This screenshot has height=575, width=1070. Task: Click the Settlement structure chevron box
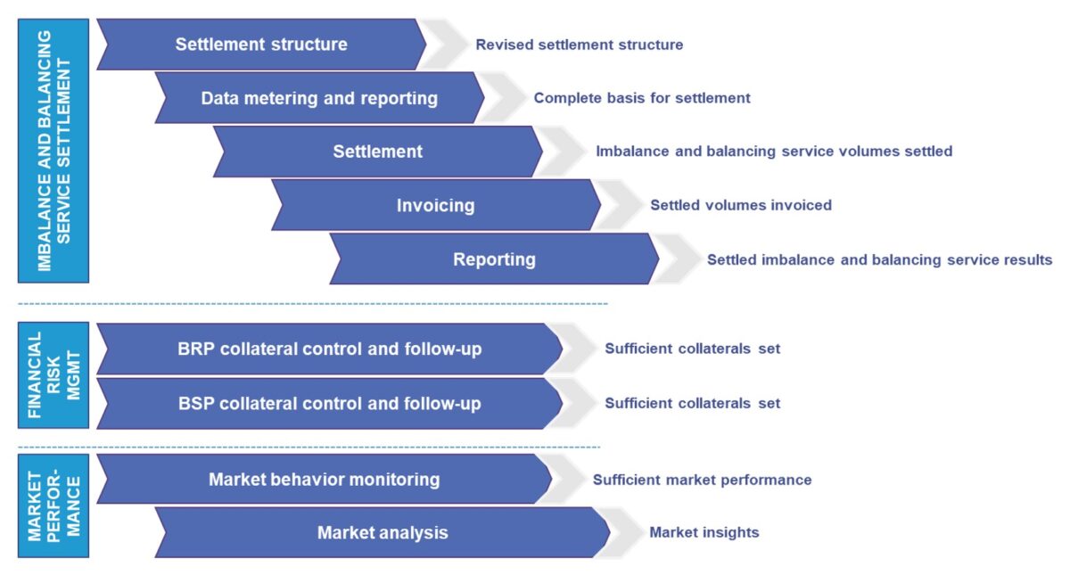[261, 45]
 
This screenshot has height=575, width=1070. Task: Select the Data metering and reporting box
[319, 98]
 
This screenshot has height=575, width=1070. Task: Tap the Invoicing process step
[436, 205]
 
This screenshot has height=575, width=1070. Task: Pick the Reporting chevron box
[494, 259]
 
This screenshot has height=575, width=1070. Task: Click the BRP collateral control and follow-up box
[330, 349]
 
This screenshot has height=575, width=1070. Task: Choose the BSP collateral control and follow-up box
[330, 404]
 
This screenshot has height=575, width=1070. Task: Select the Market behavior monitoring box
[325, 480]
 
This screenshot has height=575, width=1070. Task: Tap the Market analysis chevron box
[383, 532]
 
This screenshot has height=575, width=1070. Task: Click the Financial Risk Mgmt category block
[53, 375]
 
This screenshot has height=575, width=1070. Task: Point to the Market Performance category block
[53, 505]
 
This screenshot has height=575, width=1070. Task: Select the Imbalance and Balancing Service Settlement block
[53, 151]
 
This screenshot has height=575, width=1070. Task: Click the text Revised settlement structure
[580, 45]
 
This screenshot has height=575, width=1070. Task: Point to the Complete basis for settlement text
[642, 98]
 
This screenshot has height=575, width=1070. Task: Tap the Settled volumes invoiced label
[741, 205]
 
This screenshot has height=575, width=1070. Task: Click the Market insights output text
[704, 532]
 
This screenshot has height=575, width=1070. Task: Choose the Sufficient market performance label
[703, 480]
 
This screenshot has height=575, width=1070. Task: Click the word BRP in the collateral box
[196, 349]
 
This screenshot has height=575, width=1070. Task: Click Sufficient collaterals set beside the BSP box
[693, 404]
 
